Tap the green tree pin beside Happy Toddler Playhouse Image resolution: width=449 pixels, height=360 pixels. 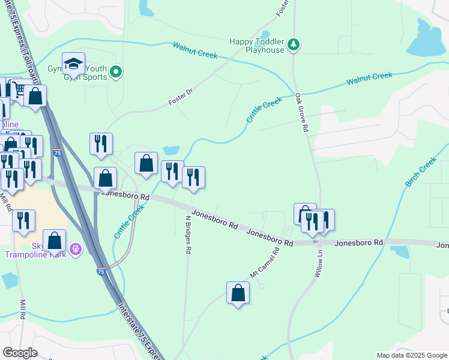click(x=294, y=44)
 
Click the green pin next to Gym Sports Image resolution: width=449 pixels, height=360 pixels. click(x=116, y=73)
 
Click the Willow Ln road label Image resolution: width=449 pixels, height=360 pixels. click(x=318, y=265)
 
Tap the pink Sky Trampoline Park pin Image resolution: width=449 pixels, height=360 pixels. click(x=75, y=248)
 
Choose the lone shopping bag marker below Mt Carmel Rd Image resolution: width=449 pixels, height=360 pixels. click(x=238, y=293)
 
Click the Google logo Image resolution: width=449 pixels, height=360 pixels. click(x=20, y=352)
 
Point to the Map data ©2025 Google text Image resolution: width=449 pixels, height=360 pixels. click(x=411, y=355)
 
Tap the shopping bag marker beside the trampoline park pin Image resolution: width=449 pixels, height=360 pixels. click(x=54, y=241)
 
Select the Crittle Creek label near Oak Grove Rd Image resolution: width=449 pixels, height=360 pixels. click(x=264, y=110)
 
